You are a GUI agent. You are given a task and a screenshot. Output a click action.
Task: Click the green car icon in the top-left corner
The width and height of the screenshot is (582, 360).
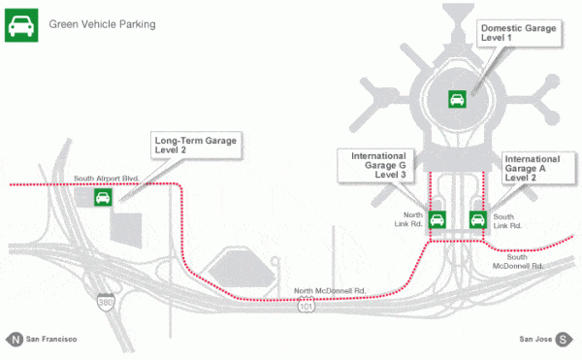tap(21, 23)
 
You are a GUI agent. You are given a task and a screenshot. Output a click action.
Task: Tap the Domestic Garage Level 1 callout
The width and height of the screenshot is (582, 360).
tap(519, 36)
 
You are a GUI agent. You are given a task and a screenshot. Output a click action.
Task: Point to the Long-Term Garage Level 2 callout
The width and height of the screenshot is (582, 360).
tap(195, 147)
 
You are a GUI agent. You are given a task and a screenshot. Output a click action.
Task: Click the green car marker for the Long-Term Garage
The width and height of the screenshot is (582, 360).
tap(102, 198)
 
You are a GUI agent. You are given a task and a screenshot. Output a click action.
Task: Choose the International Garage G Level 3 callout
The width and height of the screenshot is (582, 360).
tap(378, 166)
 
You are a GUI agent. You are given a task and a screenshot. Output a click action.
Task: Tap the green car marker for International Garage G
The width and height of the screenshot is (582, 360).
tap(436, 218)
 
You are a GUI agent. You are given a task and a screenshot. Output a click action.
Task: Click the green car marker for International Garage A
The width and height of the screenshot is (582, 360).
tap(477, 218)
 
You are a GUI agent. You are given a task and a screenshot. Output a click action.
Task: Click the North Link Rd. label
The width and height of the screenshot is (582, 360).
tap(413, 220)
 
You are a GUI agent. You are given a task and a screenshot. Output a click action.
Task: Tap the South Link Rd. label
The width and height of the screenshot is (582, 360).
tap(507, 220)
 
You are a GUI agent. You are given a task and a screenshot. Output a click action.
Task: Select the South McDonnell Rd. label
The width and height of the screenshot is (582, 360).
tap(518, 261)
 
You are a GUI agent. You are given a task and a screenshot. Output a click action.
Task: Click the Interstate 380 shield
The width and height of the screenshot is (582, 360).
tap(105, 303)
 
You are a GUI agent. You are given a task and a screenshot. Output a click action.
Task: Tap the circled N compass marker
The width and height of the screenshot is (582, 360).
tap(15, 340)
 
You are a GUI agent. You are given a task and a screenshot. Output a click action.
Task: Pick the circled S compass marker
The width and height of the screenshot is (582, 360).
tap(565, 340)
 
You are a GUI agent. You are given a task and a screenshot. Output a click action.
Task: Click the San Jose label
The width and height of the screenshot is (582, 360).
tap(535, 340)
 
